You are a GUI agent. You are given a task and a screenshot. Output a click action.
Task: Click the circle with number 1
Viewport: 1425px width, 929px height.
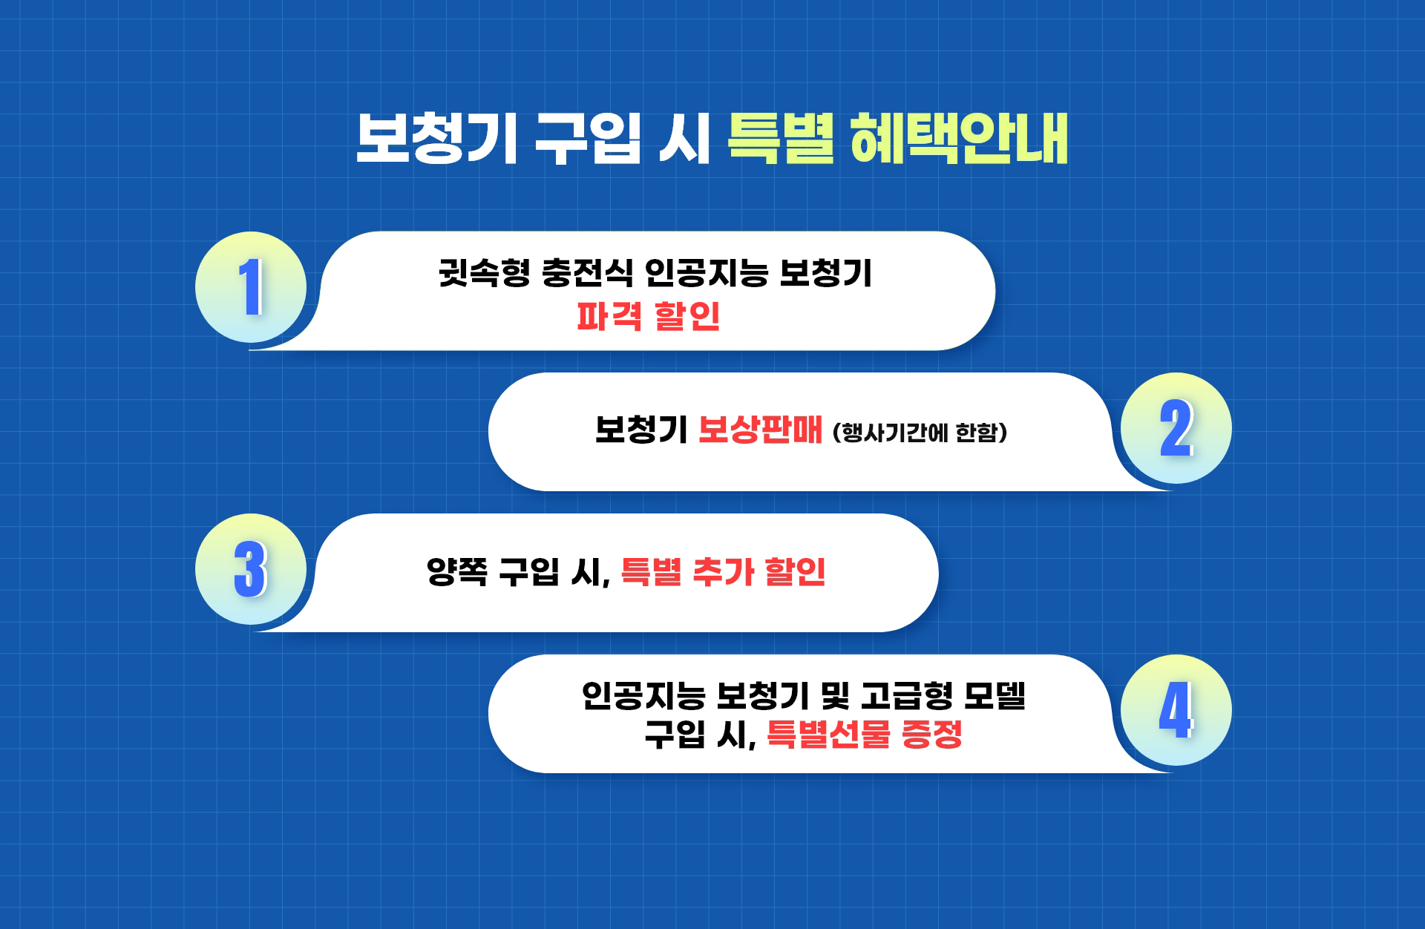pos(251,287)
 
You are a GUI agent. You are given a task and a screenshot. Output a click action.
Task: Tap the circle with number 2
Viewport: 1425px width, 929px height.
pos(1176,428)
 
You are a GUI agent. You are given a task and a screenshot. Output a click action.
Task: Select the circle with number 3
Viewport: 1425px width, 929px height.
pos(251,569)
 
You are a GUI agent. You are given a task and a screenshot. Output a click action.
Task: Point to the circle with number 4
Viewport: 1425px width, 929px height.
pos(1176,710)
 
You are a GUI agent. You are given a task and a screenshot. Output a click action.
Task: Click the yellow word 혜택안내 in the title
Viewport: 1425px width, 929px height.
pos(959,138)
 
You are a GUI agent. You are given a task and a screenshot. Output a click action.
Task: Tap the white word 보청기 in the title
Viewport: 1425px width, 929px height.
pos(436,138)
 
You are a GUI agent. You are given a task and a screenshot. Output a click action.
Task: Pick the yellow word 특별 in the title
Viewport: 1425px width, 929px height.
pos(781,138)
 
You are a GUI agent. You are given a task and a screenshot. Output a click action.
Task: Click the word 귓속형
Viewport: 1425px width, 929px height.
pos(484,272)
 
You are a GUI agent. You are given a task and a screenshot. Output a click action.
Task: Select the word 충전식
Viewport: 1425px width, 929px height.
pos(587,272)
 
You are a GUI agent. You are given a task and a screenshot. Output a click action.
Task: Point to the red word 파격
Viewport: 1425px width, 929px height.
pos(609,316)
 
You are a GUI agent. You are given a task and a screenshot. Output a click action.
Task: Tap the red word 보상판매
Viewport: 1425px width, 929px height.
pos(761,430)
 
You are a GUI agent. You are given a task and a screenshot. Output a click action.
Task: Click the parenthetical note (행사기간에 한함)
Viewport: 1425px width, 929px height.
pos(920,432)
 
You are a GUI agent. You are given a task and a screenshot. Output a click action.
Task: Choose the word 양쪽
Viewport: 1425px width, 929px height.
pos(457,571)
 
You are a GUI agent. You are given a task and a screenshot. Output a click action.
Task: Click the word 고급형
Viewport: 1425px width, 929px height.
pos(906,696)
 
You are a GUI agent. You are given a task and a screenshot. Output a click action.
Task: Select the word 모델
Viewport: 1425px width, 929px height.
pos(995,696)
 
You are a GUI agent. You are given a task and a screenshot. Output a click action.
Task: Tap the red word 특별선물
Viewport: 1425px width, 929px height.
pos(828,735)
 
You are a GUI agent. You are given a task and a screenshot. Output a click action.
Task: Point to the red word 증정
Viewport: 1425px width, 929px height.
pos(932,735)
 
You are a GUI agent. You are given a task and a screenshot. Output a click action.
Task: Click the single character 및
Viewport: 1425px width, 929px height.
pos(835,696)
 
